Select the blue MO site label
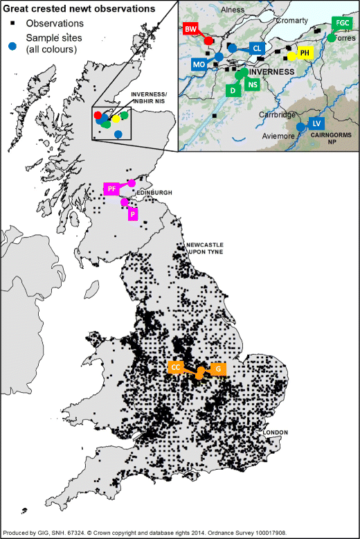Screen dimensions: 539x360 (x=199, y=64)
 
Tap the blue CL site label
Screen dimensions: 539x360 (x=257, y=48)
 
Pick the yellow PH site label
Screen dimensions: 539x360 (x=305, y=53)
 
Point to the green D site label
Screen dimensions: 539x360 (x=233, y=90)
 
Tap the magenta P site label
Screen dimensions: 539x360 (x=132, y=215)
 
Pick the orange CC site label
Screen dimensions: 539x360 (x=176, y=367)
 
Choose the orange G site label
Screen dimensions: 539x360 (x=218, y=368)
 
